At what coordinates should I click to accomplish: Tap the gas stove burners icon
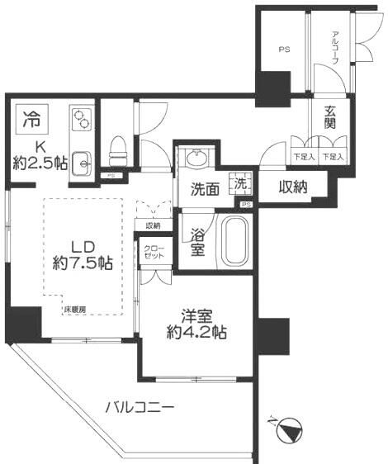tap(81, 121)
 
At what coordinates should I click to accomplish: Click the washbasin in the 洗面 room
tap(197, 158)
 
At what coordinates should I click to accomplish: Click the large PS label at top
tap(283, 50)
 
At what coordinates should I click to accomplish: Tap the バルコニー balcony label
tap(140, 407)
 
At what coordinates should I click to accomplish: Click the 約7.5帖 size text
tap(81, 263)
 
